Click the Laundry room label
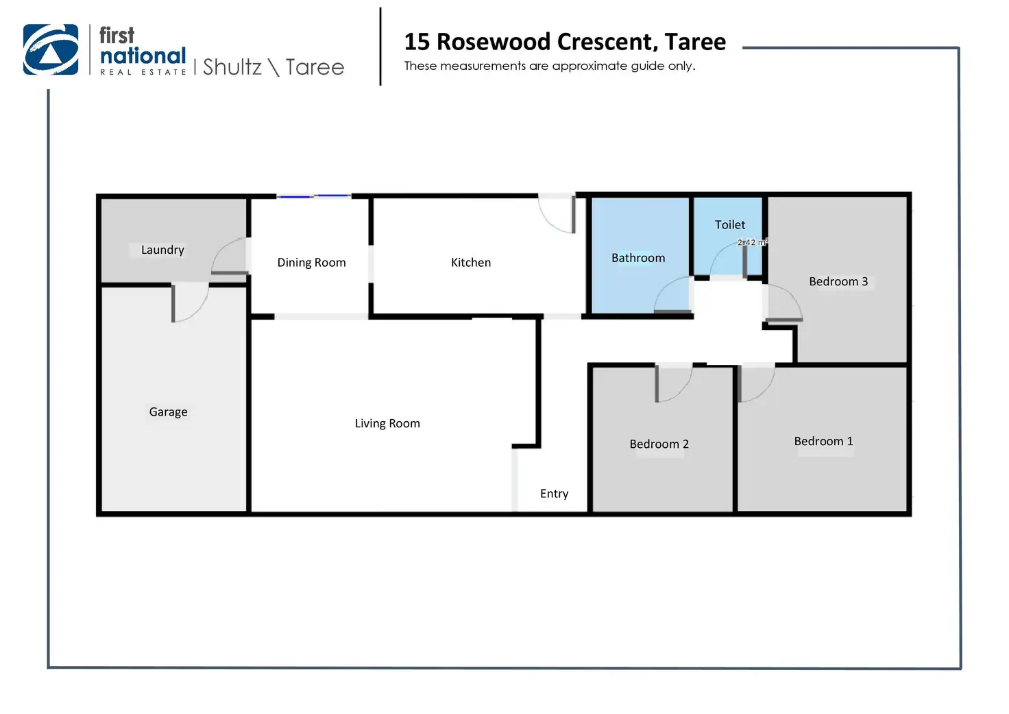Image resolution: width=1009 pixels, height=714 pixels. pyautogui.click(x=162, y=250)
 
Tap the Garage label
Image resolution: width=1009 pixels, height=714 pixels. pyautogui.click(x=168, y=412)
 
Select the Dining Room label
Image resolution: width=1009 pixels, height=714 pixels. pyautogui.click(x=311, y=263)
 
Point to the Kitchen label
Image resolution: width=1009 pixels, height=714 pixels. pyautogui.click(x=471, y=263)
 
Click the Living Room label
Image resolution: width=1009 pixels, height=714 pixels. pyautogui.click(x=387, y=424)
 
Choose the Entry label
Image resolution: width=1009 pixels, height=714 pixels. pyautogui.click(x=554, y=494)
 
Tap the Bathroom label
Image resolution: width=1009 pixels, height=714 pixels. pyautogui.click(x=638, y=258)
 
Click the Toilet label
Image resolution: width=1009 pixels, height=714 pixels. pyautogui.click(x=730, y=225)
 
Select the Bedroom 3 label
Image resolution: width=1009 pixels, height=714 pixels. pyautogui.click(x=838, y=282)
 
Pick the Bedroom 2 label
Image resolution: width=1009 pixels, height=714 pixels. pyautogui.click(x=659, y=444)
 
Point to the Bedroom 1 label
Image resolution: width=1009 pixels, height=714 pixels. pyautogui.click(x=823, y=442)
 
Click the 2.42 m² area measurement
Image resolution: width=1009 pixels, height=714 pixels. pyautogui.click(x=752, y=242)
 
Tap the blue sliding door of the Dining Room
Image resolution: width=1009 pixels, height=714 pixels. pyautogui.click(x=314, y=197)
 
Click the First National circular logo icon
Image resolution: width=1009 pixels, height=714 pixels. pyautogui.click(x=51, y=49)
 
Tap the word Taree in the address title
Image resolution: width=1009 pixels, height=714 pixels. pyautogui.click(x=695, y=42)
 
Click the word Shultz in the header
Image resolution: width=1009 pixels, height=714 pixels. pyautogui.click(x=232, y=67)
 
